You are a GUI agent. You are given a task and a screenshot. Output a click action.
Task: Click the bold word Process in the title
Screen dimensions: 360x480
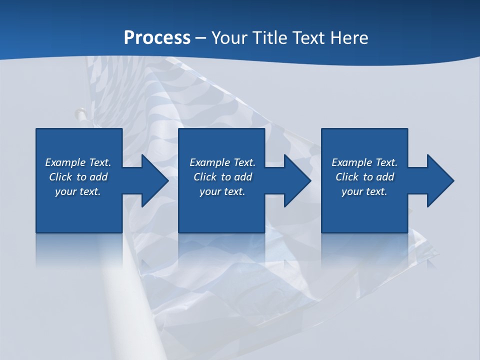tap(157, 38)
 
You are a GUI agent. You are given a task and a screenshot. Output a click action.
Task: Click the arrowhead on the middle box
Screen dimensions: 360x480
tap(296, 180)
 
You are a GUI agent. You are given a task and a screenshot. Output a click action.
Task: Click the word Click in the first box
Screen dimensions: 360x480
tap(60, 177)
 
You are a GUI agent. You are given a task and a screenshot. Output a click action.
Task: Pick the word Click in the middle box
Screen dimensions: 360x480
tap(205, 177)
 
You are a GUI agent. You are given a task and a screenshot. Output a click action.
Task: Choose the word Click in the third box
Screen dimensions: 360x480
tap(347, 177)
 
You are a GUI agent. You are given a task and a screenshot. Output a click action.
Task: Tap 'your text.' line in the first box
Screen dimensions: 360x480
tap(78, 191)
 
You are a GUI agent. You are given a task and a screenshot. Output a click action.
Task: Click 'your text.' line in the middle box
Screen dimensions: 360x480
tap(222, 191)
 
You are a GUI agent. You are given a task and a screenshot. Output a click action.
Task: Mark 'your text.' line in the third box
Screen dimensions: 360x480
tap(364, 191)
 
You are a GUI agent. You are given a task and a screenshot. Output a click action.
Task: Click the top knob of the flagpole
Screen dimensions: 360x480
tap(79, 113)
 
